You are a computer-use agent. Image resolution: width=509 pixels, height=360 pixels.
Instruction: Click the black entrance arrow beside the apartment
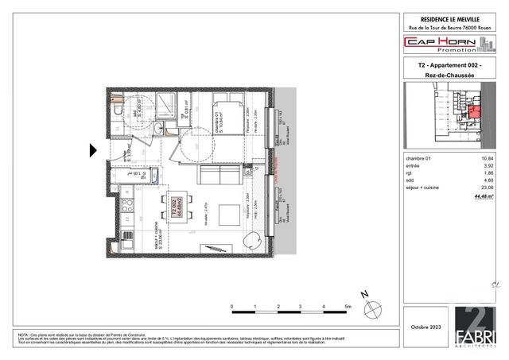click(x=93, y=149)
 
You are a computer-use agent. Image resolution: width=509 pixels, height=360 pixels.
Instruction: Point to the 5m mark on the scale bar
click(x=347, y=306)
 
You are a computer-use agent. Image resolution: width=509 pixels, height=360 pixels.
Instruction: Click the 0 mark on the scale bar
click(x=231, y=306)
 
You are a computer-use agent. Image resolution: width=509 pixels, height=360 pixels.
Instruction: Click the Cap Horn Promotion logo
click(x=450, y=43)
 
